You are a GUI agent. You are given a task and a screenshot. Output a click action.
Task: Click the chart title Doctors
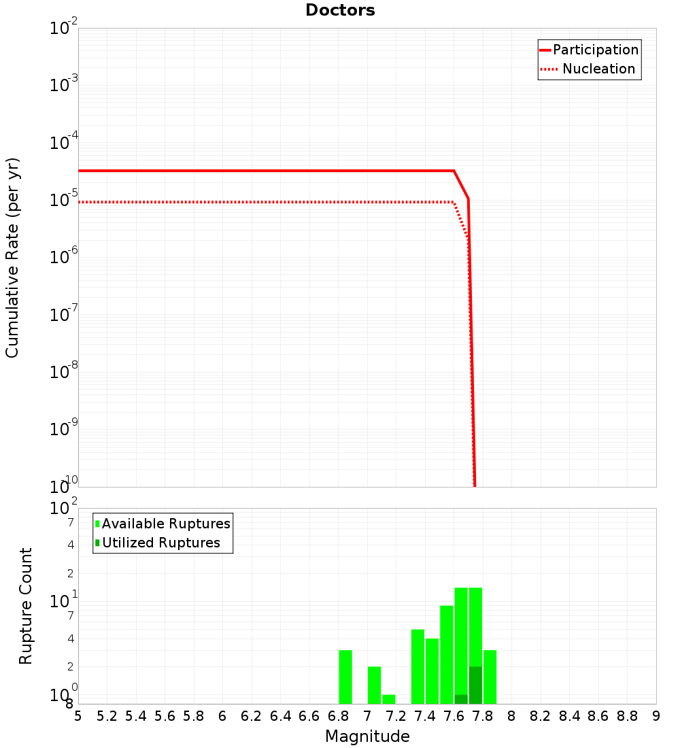click(340, 10)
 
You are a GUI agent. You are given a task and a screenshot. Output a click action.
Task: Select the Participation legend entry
click(595, 50)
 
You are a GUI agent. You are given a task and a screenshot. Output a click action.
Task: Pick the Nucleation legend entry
click(598, 69)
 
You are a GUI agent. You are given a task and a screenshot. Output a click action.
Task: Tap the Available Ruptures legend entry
click(166, 524)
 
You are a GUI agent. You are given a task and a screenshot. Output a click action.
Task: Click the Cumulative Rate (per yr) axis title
click(12, 258)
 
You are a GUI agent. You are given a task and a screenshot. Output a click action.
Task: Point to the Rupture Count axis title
click(26, 606)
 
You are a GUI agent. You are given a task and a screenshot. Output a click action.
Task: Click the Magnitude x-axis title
click(367, 736)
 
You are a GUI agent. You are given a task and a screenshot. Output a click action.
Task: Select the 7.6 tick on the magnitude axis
click(454, 716)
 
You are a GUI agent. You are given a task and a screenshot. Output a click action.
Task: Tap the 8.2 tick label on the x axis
click(541, 716)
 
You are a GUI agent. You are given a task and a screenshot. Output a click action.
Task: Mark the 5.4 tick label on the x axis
click(136, 716)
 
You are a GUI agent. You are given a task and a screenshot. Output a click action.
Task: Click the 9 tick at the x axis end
click(656, 716)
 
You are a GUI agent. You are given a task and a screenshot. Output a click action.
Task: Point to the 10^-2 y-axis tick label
click(64, 29)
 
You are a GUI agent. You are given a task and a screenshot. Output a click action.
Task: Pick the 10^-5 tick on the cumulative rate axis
click(64, 200)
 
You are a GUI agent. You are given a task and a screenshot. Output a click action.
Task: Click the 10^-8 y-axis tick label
click(64, 372)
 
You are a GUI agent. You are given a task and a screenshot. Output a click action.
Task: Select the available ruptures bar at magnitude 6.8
click(345, 677)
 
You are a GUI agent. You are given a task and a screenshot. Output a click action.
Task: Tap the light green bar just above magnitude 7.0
click(374, 685)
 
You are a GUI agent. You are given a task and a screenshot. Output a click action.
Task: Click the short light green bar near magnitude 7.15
click(389, 699)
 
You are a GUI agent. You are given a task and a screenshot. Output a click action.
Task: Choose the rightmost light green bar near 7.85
click(490, 677)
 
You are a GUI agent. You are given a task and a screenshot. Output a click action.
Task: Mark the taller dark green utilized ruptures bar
click(475, 685)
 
